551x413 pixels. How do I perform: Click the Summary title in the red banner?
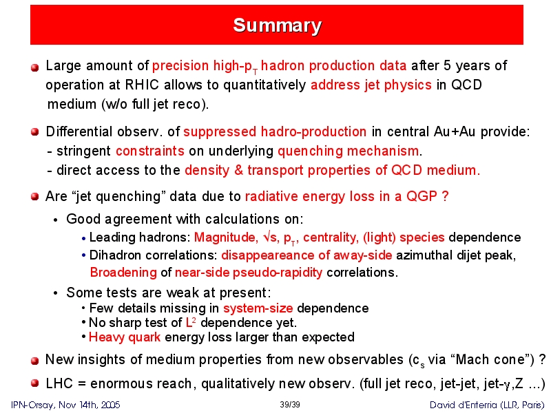coord(277,25)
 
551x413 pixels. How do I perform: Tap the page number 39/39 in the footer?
coord(290,405)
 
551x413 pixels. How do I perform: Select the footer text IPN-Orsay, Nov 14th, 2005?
coord(65,405)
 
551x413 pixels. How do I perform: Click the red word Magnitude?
coord(225,237)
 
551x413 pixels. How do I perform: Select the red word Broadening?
coord(123,272)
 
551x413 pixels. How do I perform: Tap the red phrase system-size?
coord(258,308)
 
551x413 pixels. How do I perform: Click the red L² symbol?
coord(191,322)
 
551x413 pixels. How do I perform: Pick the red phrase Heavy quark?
coord(125,337)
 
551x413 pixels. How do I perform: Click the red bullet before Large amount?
coord(34,67)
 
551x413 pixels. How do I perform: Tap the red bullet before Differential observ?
coord(34,132)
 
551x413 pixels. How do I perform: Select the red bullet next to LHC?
coord(34,383)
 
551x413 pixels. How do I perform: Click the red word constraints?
coord(150,151)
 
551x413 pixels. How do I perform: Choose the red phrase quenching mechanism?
coord(349,151)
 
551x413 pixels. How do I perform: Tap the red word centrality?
coord(331,237)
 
